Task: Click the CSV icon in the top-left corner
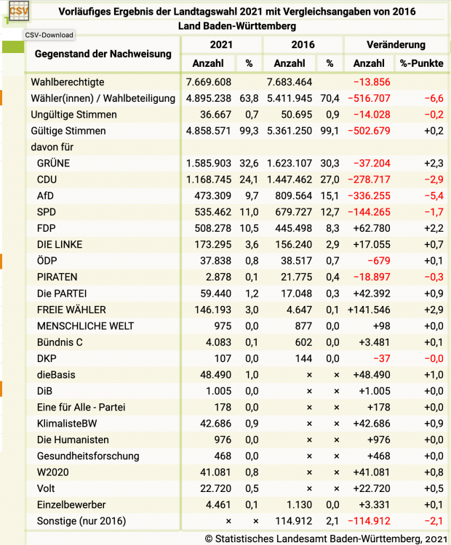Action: tap(17, 13)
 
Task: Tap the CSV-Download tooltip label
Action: tap(49, 34)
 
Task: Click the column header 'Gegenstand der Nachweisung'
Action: tap(103, 54)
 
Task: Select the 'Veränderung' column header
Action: tap(396, 45)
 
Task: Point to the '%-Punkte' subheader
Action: tap(422, 63)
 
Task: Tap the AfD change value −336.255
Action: tap(370, 195)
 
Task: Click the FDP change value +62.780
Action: tap(372, 228)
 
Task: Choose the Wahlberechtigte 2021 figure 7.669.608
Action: tap(209, 82)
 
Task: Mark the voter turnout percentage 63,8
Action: tap(249, 98)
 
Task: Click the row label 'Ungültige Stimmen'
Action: tap(73, 115)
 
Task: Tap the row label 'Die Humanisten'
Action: tap(73, 440)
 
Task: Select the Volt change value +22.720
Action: tap(372, 488)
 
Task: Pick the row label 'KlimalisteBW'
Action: tap(68, 424)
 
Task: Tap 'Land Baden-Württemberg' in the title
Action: tap(237, 26)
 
